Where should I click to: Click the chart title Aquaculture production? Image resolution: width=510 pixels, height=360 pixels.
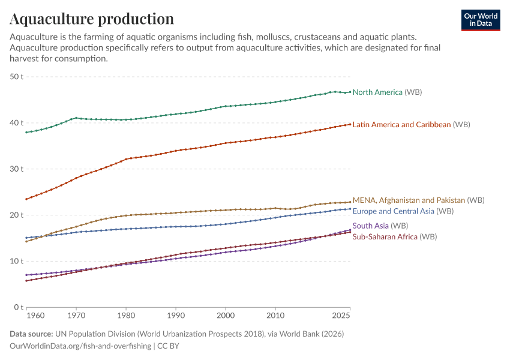coord(92,19)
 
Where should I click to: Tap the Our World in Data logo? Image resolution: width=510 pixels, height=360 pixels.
coord(481,20)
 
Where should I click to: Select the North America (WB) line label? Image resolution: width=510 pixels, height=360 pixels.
coord(387,92)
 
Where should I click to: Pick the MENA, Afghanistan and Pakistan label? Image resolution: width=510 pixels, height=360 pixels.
coord(418,200)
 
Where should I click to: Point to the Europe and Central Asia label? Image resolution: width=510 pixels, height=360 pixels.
coord(403,211)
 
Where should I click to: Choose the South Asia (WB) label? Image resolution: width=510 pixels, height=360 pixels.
coord(380,226)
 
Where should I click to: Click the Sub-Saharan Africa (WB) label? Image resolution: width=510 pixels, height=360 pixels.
coord(394,237)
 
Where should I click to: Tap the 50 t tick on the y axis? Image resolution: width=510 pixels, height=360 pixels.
coord(16,77)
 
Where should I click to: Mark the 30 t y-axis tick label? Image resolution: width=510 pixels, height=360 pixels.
coord(16,169)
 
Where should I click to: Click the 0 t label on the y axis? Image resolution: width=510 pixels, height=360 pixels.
coord(19,307)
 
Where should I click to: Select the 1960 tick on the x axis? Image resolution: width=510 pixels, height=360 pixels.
coord(36,315)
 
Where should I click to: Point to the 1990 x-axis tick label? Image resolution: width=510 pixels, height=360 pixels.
coord(175,315)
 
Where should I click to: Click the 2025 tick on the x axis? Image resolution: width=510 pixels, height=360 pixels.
coord(341,315)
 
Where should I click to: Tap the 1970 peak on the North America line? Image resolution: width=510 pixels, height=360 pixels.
coord(76,118)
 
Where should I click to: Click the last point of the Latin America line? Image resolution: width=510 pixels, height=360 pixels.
coord(350,124)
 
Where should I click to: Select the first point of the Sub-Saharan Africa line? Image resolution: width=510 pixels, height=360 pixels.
coord(26,281)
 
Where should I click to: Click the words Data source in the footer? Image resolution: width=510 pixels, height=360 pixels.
coord(31,334)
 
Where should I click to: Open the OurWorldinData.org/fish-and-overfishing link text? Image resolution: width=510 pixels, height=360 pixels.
coord(80,346)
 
